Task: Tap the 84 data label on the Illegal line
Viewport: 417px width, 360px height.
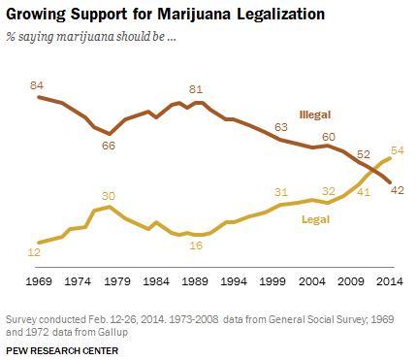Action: coord(39,84)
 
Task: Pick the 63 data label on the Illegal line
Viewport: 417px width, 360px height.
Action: coord(282,127)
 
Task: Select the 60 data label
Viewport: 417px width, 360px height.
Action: coord(329,137)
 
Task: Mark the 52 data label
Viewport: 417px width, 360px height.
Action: coord(364,153)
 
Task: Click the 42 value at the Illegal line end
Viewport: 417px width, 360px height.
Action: coord(398,190)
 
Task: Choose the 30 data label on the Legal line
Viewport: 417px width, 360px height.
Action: coord(110,195)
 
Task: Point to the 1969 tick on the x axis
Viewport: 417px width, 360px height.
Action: coord(37,281)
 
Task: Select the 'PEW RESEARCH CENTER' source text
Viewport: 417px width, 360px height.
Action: coord(54,346)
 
